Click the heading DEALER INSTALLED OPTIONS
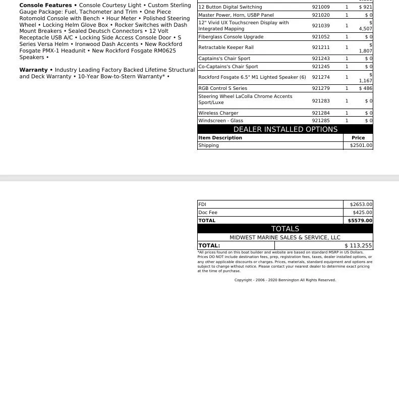[x=285, y=129]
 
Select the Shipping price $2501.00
[x=361, y=145]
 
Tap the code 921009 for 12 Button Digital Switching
[x=321, y=7]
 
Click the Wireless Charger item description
[x=218, y=113]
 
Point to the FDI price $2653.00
[x=361, y=205]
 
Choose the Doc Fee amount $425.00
[x=362, y=213]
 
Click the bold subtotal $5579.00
[x=360, y=221]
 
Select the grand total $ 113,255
[x=358, y=246]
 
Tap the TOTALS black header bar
[x=285, y=229]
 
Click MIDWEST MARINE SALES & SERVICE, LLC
[x=285, y=237]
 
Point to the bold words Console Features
[x=45, y=6]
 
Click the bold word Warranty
[x=33, y=70]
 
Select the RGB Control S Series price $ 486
[x=366, y=88]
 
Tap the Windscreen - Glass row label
[x=220, y=121]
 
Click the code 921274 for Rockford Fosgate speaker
[x=321, y=77]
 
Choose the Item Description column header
[x=220, y=138]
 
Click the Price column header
[x=358, y=138]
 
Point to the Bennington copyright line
[x=285, y=280]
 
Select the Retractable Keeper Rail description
[x=225, y=47]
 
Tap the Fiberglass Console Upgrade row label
[x=231, y=37]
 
